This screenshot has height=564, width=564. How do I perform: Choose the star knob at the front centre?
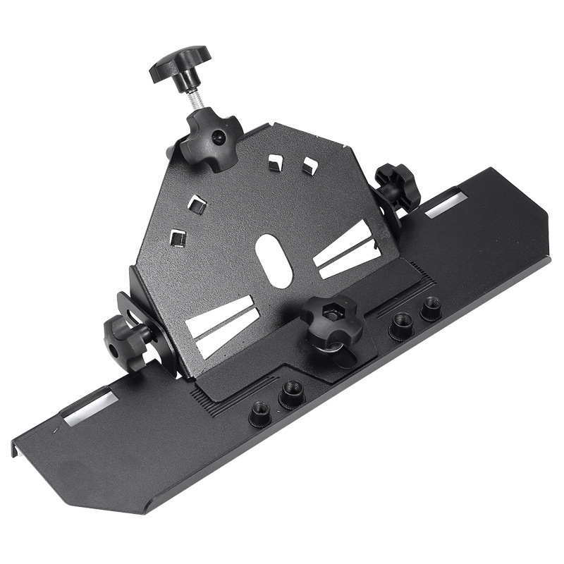[x=331, y=321]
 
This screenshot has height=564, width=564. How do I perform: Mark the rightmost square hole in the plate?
[x=309, y=166]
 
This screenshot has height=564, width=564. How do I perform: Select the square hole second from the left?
[x=198, y=205]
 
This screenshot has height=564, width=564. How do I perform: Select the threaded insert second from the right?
[x=402, y=324]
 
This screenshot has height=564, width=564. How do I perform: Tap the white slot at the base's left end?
[x=89, y=409]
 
